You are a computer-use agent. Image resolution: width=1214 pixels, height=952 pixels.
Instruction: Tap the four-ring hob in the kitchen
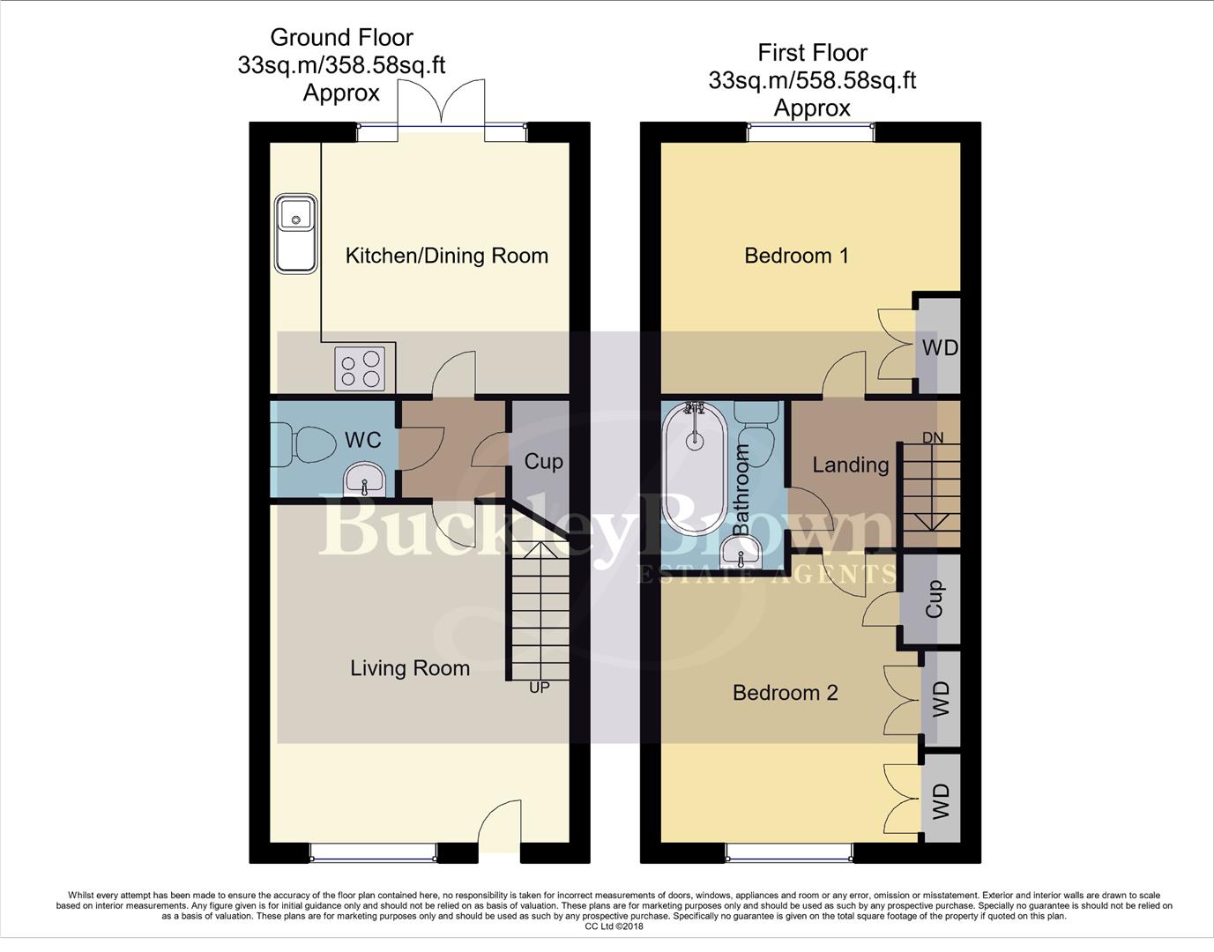360,368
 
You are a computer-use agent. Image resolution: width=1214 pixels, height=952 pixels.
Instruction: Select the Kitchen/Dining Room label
446,256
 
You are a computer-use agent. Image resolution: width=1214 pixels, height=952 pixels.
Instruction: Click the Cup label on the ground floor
543,461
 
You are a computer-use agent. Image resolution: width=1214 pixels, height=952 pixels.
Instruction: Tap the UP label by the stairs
539,687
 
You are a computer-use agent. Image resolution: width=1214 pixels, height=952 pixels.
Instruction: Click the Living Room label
410,668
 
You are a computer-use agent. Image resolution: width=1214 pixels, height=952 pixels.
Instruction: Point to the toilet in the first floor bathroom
756,425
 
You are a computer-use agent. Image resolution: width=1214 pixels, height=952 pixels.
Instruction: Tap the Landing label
850,465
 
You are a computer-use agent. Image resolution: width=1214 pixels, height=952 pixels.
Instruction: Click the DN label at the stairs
932,437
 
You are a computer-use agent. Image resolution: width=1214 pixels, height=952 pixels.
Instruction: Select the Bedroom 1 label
796,256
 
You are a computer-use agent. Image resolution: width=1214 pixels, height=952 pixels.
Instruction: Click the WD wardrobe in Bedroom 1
939,347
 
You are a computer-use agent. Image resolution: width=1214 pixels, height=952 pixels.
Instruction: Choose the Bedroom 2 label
785,693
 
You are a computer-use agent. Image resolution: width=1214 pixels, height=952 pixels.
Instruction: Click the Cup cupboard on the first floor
934,599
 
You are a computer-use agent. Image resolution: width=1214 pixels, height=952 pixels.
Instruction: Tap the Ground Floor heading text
341,38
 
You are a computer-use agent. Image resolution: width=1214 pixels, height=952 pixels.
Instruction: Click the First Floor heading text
812,53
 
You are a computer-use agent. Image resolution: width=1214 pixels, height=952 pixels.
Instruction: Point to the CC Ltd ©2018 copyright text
614,926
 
